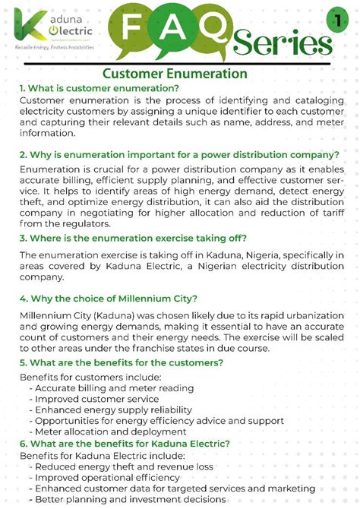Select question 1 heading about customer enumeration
[101, 88]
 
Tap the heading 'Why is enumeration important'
[179, 154]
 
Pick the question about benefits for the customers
[122, 363]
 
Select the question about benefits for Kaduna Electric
[125, 443]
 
